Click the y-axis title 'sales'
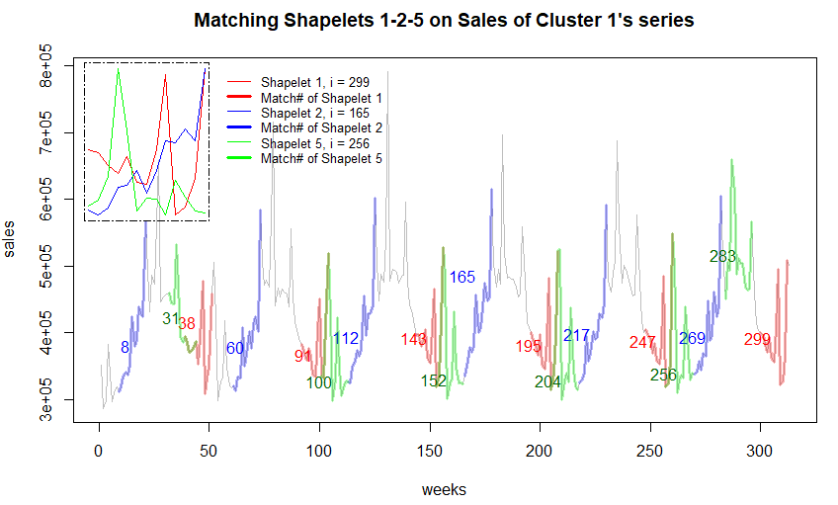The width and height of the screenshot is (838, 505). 12,238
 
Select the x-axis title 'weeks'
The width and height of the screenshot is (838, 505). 444,489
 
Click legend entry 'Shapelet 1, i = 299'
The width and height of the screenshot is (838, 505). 315,81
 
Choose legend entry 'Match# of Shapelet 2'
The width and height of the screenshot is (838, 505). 321,127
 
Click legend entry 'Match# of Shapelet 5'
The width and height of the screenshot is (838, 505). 321,158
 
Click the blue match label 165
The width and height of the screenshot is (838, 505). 462,277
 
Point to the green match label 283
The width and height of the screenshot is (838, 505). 723,257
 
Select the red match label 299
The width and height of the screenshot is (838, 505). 758,340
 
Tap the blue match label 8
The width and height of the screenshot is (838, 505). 126,347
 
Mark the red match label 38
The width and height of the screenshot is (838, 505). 187,323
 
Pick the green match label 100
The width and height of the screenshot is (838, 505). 319,383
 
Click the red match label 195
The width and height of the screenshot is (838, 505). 529,346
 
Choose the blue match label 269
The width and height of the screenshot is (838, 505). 692,338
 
